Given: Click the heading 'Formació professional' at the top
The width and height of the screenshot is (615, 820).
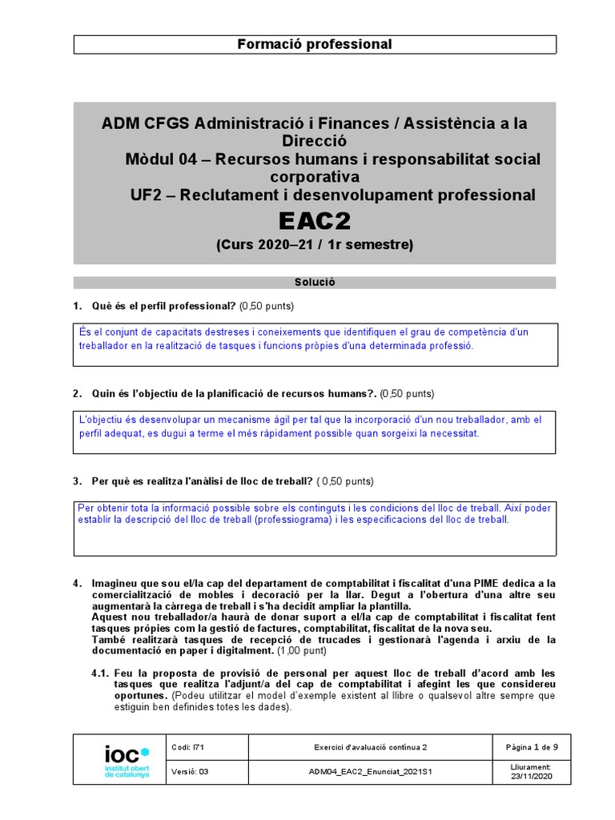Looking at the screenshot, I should coord(314,45).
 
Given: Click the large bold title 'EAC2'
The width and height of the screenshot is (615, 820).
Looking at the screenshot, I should coord(315,220).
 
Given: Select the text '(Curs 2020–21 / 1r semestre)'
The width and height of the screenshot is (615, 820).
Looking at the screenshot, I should coord(315,245).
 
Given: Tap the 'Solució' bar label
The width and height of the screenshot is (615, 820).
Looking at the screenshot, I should coord(315,283).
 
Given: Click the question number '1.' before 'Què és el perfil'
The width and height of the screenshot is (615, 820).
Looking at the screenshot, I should coord(78,307).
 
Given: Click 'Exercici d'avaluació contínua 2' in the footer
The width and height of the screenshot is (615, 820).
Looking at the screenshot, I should coord(370,747).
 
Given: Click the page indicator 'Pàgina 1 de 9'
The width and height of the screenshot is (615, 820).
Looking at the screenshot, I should coord(532,747).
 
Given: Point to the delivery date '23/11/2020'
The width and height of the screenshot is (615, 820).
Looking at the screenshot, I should coord(532,777).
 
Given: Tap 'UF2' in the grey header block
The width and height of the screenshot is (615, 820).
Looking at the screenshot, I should coord(147,195).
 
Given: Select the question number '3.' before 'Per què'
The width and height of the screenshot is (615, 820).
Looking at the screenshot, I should coord(78,481).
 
